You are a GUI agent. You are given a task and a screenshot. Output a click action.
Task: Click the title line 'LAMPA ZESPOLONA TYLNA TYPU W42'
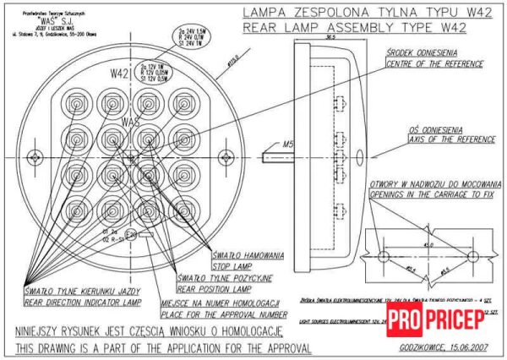coord(356,13)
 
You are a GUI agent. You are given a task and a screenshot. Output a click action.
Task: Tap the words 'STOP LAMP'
coord(233,264)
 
